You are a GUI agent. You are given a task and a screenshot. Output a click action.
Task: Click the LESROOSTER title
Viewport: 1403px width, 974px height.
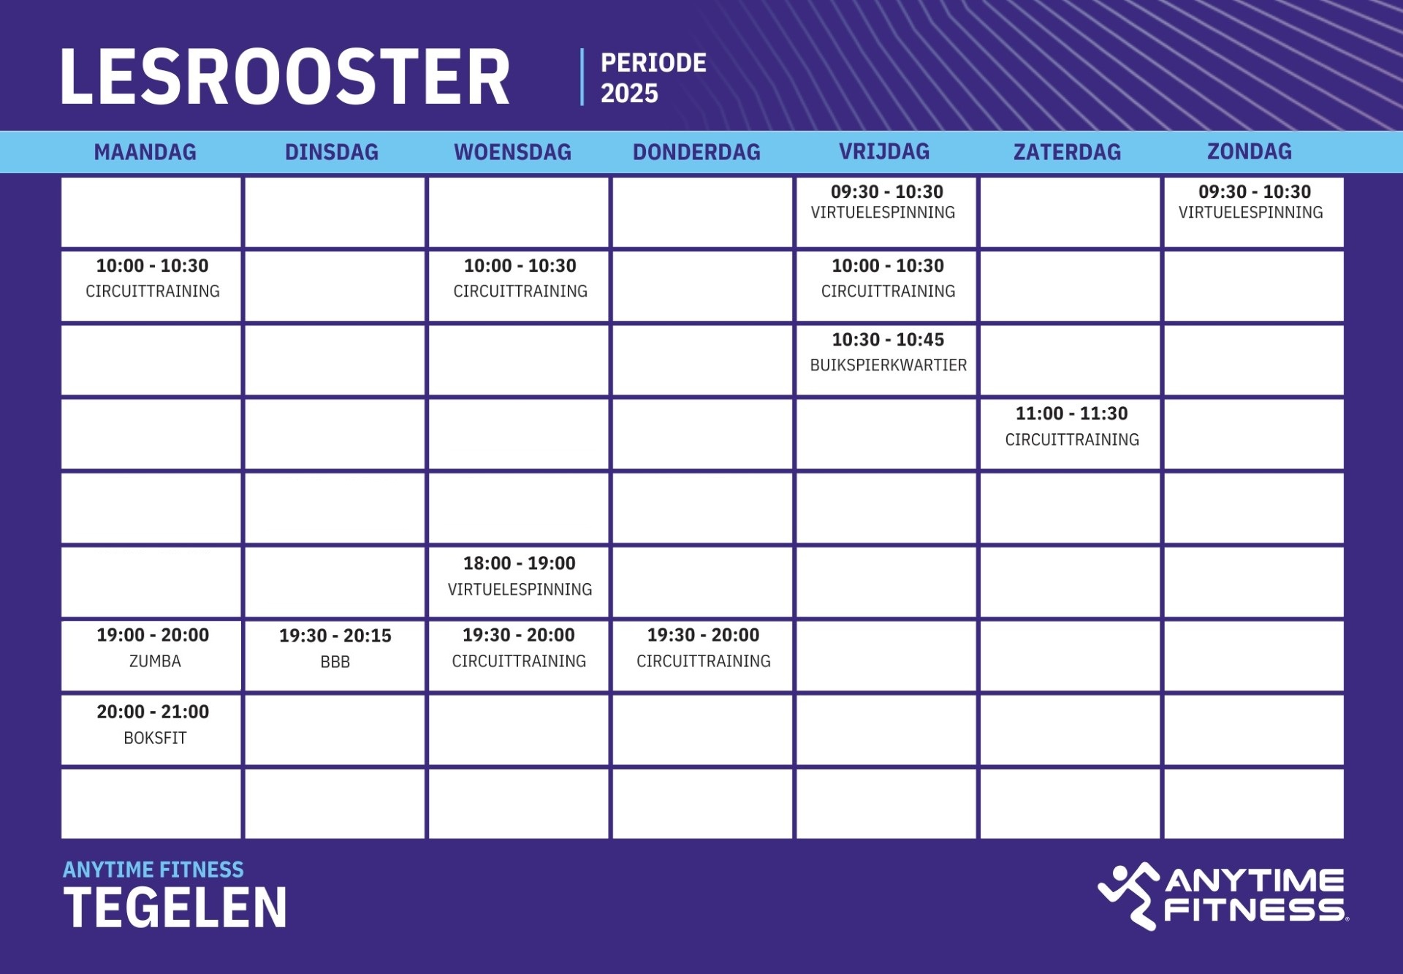(285, 77)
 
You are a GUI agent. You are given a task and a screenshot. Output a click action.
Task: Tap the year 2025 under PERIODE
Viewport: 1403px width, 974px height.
(629, 94)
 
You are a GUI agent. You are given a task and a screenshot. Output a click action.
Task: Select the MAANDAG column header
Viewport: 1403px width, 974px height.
(145, 152)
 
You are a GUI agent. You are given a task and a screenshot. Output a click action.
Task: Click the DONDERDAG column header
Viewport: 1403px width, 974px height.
(696, 152)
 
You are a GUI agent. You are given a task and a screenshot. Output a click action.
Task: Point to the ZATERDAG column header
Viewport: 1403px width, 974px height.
(1067, 152)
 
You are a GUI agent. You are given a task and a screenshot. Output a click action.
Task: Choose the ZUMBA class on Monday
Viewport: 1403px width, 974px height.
(155, 661)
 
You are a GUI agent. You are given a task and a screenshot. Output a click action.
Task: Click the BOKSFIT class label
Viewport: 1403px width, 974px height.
(155, 738)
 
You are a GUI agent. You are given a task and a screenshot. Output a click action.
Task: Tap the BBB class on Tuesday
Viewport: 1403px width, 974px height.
(335, 662)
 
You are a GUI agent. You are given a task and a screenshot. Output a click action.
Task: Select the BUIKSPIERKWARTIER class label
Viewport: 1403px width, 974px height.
(889, 365)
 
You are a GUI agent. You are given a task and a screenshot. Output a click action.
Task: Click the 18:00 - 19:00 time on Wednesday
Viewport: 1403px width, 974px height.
(520, 563)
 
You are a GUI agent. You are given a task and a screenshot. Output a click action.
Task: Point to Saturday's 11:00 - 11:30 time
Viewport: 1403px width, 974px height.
(1072, 414)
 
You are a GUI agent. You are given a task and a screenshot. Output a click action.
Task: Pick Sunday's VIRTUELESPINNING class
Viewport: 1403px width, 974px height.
(1251, 213)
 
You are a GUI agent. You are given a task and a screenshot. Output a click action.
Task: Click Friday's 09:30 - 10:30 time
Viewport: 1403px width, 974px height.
(887, 192)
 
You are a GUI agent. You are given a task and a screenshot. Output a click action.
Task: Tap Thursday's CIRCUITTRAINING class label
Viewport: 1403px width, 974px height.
(704, 661)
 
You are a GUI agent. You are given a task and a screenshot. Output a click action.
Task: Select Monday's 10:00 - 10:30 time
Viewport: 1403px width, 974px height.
(153, 266)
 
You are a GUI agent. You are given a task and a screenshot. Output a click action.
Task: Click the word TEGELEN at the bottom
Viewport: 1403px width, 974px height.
(175, 908)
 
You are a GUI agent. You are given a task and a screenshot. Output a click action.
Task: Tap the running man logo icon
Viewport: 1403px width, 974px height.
(1129, 896)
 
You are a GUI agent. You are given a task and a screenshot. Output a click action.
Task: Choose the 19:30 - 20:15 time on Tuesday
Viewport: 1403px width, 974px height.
(335, 636)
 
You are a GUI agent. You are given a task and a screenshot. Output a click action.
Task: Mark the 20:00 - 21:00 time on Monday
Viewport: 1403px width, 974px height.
(153, 712)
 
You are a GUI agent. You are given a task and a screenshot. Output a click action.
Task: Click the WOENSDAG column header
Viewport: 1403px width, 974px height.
(513, 152)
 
